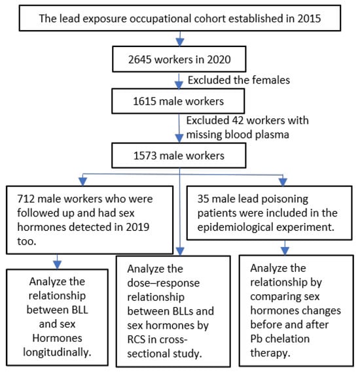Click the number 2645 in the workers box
pos(140,59)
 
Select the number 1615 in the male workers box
pos(145,101)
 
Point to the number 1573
pos(145,156)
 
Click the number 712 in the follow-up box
pos(26,199)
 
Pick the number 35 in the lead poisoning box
pos(203,199)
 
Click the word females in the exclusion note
pos(271,80)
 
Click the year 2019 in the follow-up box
pos(137,227)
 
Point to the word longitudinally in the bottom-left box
pos(57,352)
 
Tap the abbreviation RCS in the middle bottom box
pos(136,339)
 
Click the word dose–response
pos(164,283)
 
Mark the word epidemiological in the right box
pos(236,228)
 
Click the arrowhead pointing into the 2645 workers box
pos(180,42)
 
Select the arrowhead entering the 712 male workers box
pos(82,182)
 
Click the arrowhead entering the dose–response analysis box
pos(180,252)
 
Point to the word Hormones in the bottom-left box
pos(57,338)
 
